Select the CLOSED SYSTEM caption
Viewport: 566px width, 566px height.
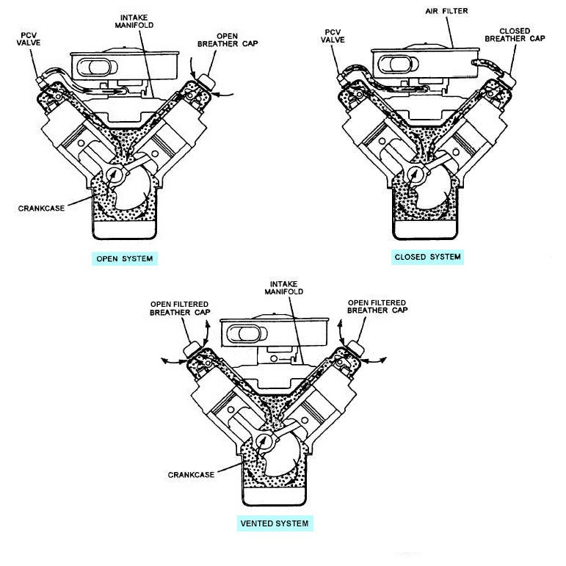[427, 256]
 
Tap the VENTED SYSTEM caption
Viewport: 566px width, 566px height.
[274, 523]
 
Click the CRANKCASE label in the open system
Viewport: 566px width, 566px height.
[39, 208]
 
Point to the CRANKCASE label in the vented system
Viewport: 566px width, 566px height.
[189, 474]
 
